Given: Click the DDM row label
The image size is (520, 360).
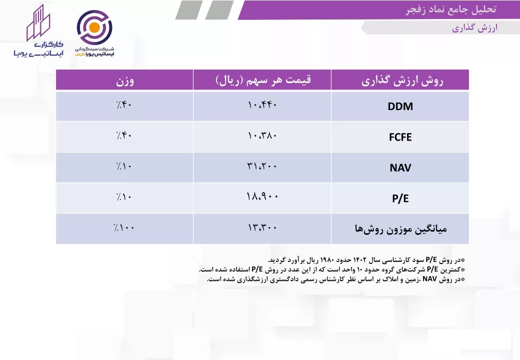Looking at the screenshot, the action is click(400, 106).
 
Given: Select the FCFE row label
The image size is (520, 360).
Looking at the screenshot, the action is click(400, 137).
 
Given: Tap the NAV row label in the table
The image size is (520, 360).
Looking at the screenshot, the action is click(400, 167).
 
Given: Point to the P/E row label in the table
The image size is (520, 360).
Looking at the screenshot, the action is click(400, 198).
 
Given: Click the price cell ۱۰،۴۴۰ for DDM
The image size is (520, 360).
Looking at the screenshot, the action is click(262, 105).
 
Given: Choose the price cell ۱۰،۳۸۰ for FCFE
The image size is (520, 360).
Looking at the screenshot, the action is click(262, 135).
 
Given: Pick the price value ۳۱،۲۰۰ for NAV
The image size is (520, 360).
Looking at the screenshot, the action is click(262, 166).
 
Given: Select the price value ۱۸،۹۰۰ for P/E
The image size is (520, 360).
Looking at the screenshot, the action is click(262, 196).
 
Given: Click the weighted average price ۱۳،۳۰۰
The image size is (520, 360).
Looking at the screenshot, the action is click(262, 227).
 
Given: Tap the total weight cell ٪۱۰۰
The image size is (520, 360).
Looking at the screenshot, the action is click(123, 227).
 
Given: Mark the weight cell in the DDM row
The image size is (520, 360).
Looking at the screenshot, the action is click(123, 105).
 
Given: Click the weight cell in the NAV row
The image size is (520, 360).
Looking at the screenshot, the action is click(123, 166).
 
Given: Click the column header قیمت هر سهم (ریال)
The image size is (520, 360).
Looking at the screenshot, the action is click(263, 80).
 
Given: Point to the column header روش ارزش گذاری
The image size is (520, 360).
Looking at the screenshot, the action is click(402, 81).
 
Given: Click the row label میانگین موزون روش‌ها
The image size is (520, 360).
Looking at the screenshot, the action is click(401, 228).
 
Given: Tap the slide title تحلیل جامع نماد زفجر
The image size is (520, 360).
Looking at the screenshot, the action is click(451, 9).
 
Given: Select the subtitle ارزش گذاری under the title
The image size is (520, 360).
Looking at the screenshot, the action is click(475, 28).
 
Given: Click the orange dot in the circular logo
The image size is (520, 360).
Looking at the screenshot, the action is click(94, 27).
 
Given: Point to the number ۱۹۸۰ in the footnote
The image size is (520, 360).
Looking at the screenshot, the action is click(328, 259).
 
